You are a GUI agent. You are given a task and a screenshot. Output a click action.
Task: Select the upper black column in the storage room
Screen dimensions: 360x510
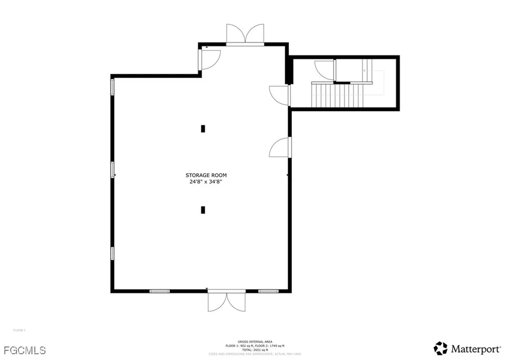pos(203,128)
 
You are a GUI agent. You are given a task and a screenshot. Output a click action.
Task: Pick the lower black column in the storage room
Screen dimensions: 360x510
pos(203,210)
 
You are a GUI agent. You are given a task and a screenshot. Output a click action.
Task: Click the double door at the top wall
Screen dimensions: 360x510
pos(245,34)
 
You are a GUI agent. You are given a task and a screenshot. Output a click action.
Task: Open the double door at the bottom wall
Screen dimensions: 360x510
pos(226,302)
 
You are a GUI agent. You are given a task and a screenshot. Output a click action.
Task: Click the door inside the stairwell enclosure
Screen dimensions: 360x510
pos(325,70)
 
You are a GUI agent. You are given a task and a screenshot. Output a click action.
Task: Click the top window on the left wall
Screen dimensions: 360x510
pos(113,87)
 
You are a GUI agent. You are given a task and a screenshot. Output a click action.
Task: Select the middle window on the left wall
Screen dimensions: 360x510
pos(113,170)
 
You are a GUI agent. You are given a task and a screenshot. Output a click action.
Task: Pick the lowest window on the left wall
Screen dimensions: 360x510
pos(113,254)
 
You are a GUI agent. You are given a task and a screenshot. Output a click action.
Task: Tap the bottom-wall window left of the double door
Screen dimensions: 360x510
pos(159,291)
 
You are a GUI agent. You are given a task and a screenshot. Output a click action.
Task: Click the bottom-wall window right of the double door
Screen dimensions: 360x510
pos(267,291)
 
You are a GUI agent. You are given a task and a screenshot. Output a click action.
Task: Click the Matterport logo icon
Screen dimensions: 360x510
pos(440,348)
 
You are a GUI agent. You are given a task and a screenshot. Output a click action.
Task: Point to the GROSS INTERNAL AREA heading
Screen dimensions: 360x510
pos(245,342)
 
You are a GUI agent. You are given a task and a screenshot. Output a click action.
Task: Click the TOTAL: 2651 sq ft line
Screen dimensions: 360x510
pos(245,350)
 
